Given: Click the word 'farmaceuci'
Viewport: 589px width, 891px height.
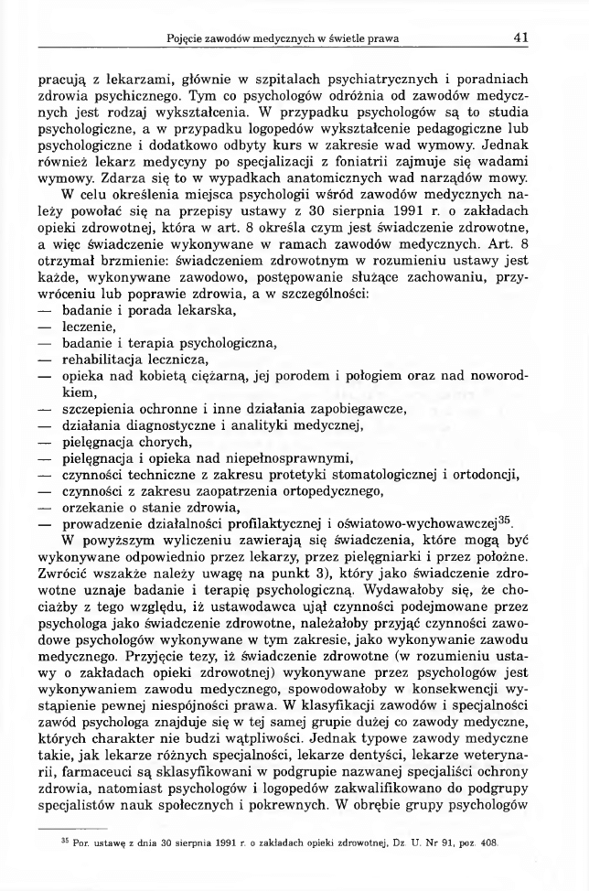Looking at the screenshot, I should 106,723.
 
